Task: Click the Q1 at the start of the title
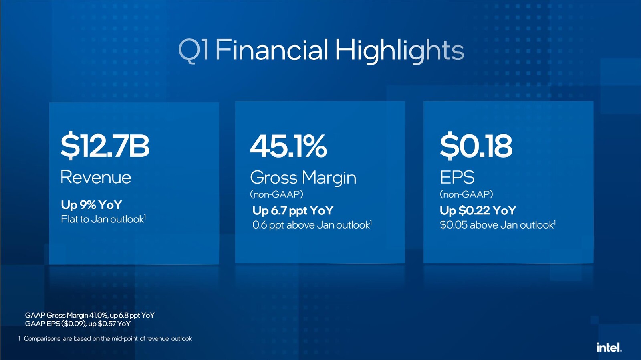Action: click(194, 51)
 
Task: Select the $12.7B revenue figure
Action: click(105, 146)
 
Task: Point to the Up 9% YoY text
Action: click(92, 205)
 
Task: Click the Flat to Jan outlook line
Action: click(104, 219)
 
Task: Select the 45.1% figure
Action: click(288, 146)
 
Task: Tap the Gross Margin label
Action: click(303, 178)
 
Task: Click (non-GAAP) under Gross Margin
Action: click(276, 194)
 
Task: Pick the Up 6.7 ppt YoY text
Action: click(293, 211)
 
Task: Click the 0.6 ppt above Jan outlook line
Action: click(312, 225)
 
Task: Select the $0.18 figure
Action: click(476, 146)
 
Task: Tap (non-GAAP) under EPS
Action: click(466, 194)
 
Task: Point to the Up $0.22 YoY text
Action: click(478, 210)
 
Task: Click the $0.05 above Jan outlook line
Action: click(498, 225)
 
